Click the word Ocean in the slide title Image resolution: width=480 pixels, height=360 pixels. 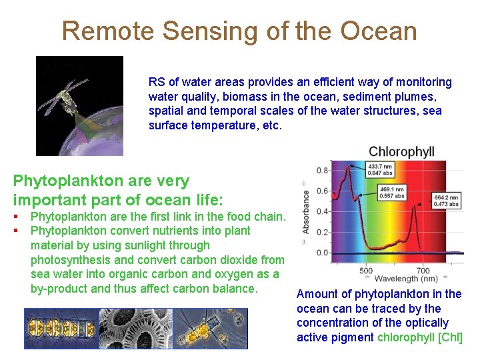coord(378,31)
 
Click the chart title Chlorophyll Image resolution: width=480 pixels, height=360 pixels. coord(401,152)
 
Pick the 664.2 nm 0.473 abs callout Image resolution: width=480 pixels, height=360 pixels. coord(446,201)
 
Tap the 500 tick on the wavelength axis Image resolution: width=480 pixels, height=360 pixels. coord(366,271)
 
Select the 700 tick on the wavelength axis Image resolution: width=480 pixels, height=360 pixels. coord(423,271)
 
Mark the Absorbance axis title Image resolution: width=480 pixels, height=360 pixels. coord(306,212)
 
